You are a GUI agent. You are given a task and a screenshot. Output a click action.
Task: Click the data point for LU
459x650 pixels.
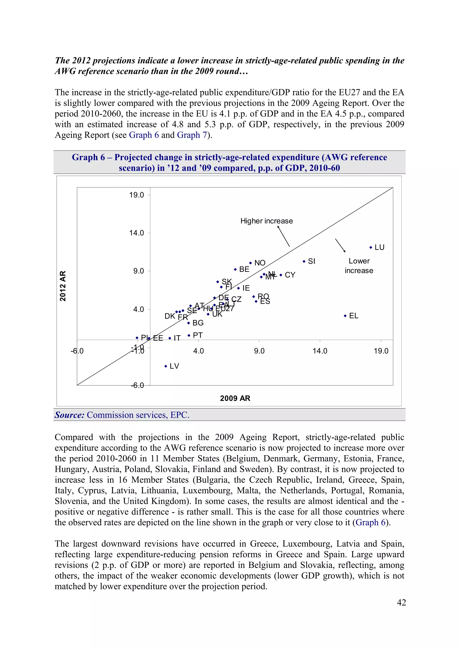pyautogui.click(x=370, y=247)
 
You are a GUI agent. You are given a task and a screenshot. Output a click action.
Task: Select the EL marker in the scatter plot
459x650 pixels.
pyautogui.click(x=345, y=316)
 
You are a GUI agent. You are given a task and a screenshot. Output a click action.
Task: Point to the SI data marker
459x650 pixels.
pyautogui.click(x=304, y=261)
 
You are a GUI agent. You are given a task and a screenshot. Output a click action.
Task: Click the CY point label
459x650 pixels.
pyautogui.click(x=290, y=275)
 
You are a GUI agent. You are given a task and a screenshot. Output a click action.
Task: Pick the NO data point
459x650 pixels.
pyautogui.click(x=250, y=263)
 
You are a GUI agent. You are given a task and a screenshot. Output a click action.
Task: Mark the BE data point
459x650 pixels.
pyautogui.click(x=235, y=269)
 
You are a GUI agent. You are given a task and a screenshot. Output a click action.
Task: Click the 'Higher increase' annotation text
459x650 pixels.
pyautogui.click(x=266, y=221)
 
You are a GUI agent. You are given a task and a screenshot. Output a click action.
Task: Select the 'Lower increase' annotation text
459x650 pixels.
pyautogui.click(x=359, y=266)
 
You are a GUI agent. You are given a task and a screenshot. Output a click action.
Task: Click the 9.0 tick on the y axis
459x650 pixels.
pyautogui.click(x=138, y=271)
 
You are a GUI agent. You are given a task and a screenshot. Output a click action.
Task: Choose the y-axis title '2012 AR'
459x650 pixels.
pyautogui.click(x=63, y=286)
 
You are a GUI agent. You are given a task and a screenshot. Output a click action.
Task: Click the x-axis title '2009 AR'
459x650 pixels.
pyautogui.click(x=235, y=398)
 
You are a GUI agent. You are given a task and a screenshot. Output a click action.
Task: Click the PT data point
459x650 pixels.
pyautogui.click(x=189, y=335)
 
